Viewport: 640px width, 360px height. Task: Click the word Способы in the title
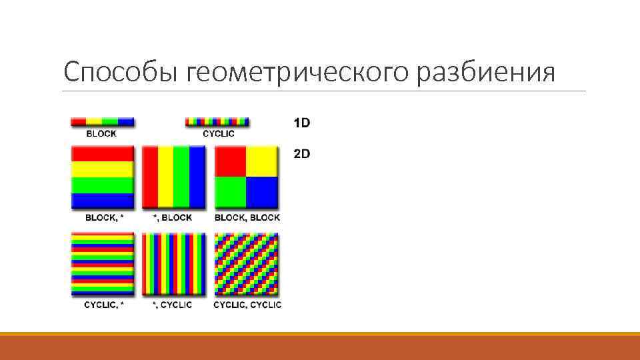pyautogui.click(x=117, y=71)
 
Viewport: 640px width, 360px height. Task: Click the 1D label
pyautogui.click(x=302, y=123)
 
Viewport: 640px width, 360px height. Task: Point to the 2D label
pyautogui.click(x=302, y=154)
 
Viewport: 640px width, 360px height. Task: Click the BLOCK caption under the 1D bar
pyautogui.click(x=101, y=133)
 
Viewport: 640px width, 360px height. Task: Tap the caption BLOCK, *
pyautogui.click(x=105, y=218)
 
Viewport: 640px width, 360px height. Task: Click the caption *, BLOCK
pyautogui.click(x=173, y=218)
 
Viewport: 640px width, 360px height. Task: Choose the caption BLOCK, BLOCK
pyautogui.click(x=247, y=218)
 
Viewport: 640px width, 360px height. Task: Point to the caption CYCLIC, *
pyautogui.click(x=104, y=305)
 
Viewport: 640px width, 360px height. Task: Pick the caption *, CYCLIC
pyautogui.click(x=172, y=305)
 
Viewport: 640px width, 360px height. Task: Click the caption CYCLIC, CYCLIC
pyautogui.click(x=247, y=305)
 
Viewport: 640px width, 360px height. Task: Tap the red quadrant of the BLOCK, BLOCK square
pyautogui.click(x=231, y=161)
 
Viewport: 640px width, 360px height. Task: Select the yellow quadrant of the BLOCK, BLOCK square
pyautogui.click(x=261, y=161)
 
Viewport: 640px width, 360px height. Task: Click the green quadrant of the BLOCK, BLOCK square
pyautogui.click(x=231, y=192)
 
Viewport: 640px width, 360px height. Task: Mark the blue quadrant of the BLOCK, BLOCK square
pyautogui.click(x=261, y=192)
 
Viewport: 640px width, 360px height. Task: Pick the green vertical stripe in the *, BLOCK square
pyautogui.click(x=181, y=177)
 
